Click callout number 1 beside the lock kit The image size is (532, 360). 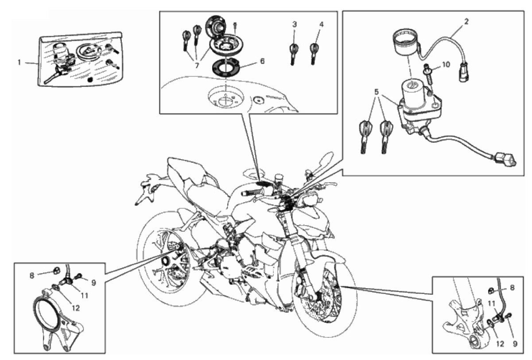tap(19, 63)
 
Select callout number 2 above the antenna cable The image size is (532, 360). tap(466, 22)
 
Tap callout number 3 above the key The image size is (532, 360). tap(295, 24)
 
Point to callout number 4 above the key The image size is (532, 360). tap(321, 24)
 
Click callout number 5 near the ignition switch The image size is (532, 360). tap(376, 91)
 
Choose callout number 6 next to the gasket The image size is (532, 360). tap(262, 61)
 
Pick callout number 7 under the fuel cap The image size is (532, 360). tap(197, 65)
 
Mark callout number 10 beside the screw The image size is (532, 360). tap(446, 64)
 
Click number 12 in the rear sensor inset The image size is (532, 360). tap(76, 308)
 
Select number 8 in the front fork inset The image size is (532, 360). tap(512, 288)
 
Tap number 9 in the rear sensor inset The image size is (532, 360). tap(93, 283)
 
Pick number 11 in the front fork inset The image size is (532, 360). tap(491, 303)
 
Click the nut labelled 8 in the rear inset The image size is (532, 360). tap(55, 270)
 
